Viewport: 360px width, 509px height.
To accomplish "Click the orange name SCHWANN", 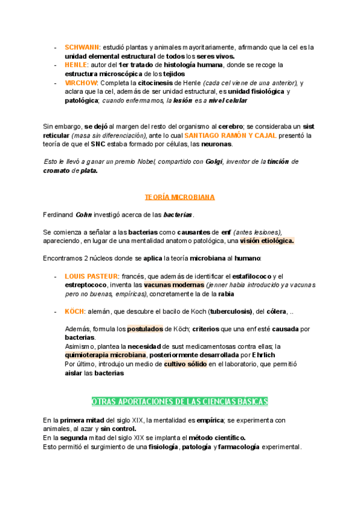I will tap(82, 47).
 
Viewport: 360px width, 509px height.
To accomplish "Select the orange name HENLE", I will tap(76, 65).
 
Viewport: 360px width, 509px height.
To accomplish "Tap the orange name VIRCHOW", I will tap(82, 82).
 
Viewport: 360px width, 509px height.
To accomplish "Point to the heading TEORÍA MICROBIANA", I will tap(179, 197).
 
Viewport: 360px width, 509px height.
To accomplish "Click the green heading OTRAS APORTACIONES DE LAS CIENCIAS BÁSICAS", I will tap(179, 401).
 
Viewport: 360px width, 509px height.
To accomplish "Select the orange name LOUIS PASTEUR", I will tap(91, 276).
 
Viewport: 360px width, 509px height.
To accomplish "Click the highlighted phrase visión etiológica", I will tap(267, 241).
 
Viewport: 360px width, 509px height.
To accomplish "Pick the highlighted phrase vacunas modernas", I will tap(174, 285).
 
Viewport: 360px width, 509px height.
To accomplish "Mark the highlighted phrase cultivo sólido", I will tap(183, 364).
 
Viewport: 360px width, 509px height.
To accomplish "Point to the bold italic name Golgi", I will tap(214, 161).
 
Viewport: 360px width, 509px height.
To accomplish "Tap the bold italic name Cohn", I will tap(84, 214).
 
